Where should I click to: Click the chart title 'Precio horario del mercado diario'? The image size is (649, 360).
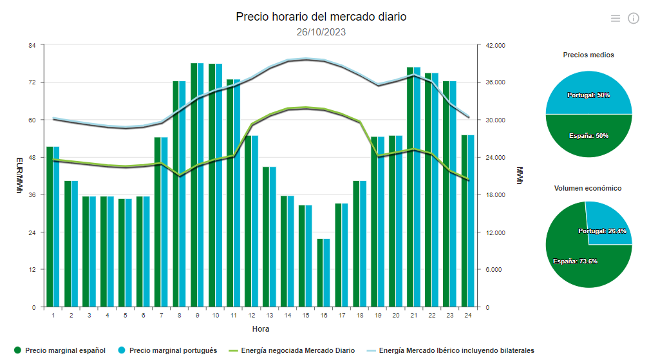pos(321,17)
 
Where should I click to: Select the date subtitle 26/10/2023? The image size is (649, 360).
pos(321,32)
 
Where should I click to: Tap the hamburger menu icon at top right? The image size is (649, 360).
pos(616,18)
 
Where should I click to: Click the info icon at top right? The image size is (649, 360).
pos(633,18)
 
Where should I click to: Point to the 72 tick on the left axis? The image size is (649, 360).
pos(31,82)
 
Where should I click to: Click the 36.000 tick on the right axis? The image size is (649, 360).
pos(496,82)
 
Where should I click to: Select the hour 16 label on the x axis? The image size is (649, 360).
pos(324,316)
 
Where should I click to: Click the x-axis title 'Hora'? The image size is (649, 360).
pos(261,329)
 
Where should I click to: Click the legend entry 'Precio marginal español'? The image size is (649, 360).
pos(59,350)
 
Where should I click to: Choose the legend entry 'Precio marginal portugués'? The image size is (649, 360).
pos(166,350)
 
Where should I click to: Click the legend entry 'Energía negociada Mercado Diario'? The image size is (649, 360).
pos(291,350)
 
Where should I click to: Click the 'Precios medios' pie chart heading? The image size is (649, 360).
pos(588,55)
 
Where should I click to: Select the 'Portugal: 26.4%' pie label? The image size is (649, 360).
pos(602,231)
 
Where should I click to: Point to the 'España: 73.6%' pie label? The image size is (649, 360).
pos(575,261)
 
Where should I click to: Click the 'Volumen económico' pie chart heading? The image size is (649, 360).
pos(588,188)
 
